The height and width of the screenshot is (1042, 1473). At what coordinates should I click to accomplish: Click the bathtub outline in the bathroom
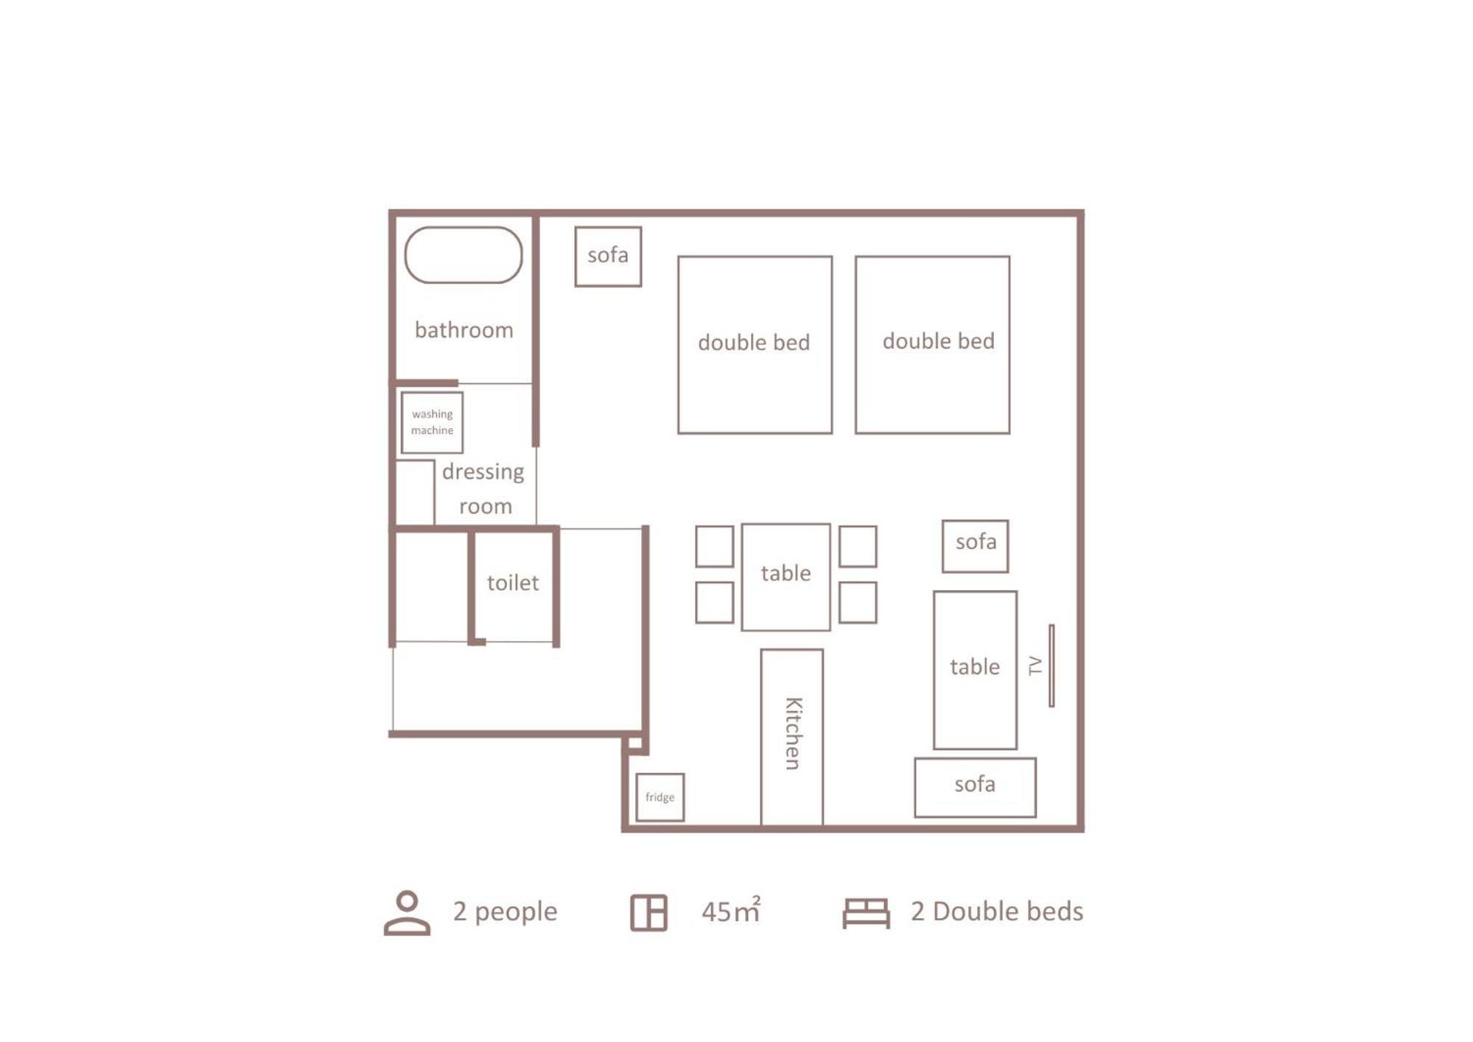coord(463,227)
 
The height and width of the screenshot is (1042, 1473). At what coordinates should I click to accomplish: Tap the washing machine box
coord(432,422)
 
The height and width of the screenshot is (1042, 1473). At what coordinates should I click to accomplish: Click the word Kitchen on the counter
coord(792,733)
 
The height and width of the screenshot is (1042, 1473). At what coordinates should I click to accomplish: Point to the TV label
coord(1035,665)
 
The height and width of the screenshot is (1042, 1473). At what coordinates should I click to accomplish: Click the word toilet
coord(513,583)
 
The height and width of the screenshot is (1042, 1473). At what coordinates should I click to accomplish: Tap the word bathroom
coord(463,329)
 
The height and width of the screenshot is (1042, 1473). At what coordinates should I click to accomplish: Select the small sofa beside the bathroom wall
coord(608,256)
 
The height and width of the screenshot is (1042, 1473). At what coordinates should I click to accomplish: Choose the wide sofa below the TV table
coord(975,787)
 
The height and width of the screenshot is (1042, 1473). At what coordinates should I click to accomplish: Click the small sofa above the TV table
coord(975,546)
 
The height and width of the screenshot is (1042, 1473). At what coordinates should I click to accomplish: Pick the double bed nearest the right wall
coord(932,345)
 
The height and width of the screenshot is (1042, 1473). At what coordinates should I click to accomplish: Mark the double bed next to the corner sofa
coord(755,345)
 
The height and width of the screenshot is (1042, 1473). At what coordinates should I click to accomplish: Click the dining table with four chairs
coord(786,577)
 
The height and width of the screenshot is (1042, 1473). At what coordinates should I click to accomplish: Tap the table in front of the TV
coord(975,670)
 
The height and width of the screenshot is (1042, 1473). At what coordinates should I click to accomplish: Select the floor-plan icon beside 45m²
coord(648,912)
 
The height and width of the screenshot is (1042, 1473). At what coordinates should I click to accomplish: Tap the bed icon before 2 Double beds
coord(866,913)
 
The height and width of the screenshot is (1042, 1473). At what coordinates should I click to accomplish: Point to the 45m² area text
coord(731,910)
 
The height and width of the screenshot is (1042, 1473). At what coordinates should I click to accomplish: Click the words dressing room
coord(483,489)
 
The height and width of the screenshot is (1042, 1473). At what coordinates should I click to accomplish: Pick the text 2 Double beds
coord(997,912)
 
